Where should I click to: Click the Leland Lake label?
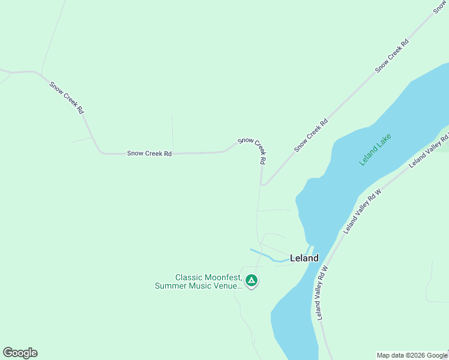click(376, 149)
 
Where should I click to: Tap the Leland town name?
click(304, 258)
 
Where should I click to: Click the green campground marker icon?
click(252, 280)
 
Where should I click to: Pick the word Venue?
click(227, 286)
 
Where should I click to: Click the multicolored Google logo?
click(20, 353)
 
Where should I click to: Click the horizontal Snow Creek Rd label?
click(149, 154)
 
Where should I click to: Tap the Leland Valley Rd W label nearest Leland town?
click(322, 293)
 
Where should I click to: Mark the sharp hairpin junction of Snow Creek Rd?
click(262, 184)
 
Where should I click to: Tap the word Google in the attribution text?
click(437, 355)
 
